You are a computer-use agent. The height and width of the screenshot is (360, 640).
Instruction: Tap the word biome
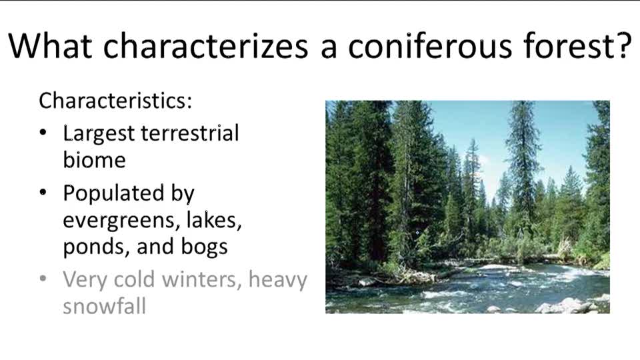tap(94, 160)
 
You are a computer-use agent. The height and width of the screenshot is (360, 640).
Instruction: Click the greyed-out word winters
tap(198, 279)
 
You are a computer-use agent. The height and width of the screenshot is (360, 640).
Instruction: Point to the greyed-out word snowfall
tap(104, 306)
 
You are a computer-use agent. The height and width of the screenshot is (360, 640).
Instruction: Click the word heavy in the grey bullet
tap(277, 280)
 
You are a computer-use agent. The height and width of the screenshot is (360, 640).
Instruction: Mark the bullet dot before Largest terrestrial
tap(43, 133)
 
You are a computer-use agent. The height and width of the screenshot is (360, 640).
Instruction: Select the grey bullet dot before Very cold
tap(43, 279)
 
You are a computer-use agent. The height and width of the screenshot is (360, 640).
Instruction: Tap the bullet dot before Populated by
tap(43, 193)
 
